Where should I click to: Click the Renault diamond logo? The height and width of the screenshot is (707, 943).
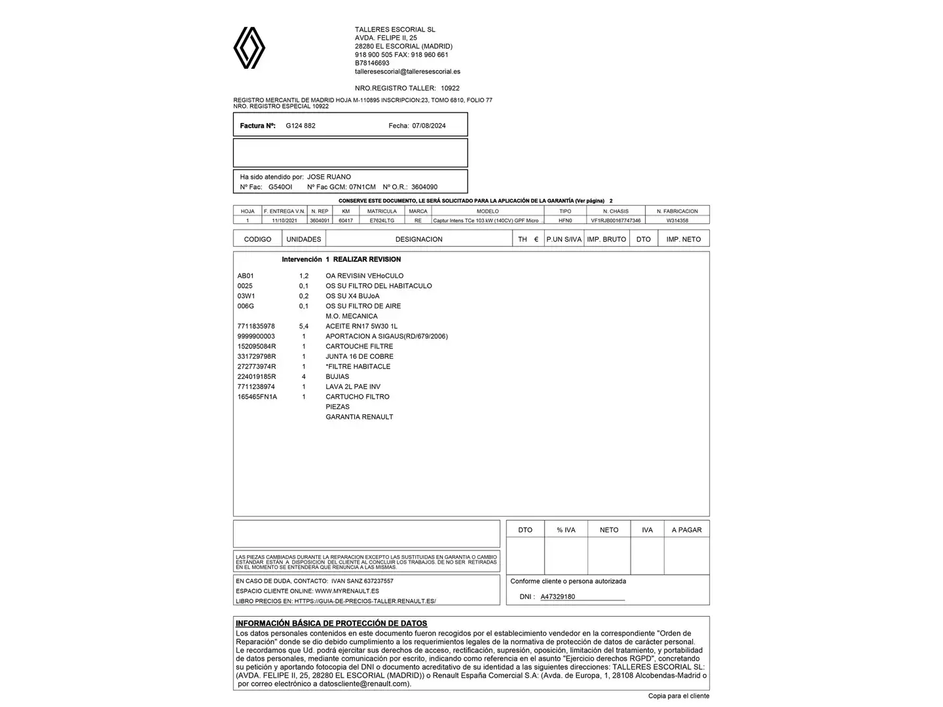pyautogui.click(x=250, y=48)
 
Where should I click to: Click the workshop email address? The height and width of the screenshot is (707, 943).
pyautogui.click(x=407, y=71)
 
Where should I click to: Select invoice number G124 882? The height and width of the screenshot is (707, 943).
pyautogui.click(x=301, y=126)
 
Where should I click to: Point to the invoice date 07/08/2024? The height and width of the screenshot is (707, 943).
pyautogui.click(x=429, y=126)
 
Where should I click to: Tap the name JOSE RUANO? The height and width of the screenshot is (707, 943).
pyautogui.click(x=329, y=177)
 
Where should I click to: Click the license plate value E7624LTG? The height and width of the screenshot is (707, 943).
pyautogui.click(x=382, y=221)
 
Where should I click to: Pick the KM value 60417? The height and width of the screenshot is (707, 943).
pyautogui.click(x=346, y=221)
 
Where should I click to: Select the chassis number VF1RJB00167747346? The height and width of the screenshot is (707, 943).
pyautogui.click(x=616, y=221)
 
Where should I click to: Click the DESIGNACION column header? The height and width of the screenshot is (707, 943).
pyautogui.click(x=418, y=240)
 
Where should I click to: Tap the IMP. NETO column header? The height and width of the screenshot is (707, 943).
pyautogui.click(x=683, y=240)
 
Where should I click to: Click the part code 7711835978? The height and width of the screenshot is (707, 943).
pyautogui.click(x=256, y=326)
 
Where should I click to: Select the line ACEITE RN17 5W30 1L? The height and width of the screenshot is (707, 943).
pyautogui.click(x=361, y=326)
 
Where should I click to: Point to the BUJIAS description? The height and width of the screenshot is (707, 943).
pyautogui.click(x=337, y=376)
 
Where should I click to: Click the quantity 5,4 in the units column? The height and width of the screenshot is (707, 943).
pyautogui.click(x=304, y=326)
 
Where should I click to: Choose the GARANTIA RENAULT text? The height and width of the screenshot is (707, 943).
pyautogui.click(x=360, y=417)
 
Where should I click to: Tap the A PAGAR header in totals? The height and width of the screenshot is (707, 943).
pyautogui.click(x=686, y=530)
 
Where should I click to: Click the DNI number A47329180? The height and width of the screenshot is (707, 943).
pyautogui.click(x=558, y=597)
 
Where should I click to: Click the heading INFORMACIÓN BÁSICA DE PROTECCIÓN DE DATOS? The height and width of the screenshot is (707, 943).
pyautogui.click(x=331, y=624)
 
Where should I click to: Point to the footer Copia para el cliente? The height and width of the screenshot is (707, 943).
pyautogui.click(x=678, y=696)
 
